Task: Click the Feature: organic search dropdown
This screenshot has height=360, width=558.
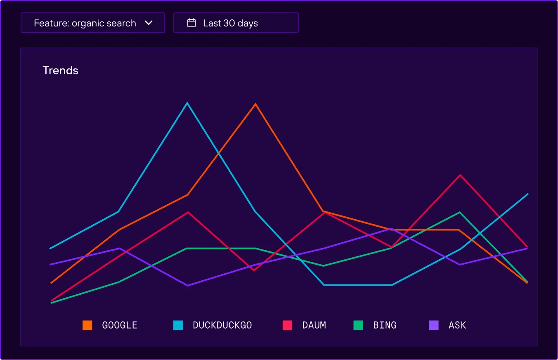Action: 92,23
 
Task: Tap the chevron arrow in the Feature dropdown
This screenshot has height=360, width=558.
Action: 149,23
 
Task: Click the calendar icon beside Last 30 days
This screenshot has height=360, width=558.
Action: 192,23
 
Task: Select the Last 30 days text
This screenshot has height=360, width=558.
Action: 230,24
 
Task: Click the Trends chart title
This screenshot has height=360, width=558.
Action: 60,71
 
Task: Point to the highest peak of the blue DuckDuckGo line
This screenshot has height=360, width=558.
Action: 187,103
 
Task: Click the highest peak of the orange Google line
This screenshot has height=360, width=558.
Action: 256,104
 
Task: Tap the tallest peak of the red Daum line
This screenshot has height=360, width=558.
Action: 460,175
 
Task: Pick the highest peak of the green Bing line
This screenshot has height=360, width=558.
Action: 459,213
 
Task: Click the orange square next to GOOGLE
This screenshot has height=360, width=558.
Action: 87,325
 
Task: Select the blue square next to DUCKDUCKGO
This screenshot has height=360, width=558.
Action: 178,325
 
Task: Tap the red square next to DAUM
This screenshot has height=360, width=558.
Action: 287,325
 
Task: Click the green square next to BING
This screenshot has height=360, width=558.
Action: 358,325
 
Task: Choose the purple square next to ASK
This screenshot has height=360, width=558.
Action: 434,325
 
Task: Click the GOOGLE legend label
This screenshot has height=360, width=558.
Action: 120,325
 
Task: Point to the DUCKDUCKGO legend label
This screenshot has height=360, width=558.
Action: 222,325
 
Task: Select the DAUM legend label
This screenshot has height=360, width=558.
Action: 314,325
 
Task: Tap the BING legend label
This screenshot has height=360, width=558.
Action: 385,325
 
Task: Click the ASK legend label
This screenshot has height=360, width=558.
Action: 457,325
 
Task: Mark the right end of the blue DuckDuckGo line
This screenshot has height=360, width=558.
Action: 528,194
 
